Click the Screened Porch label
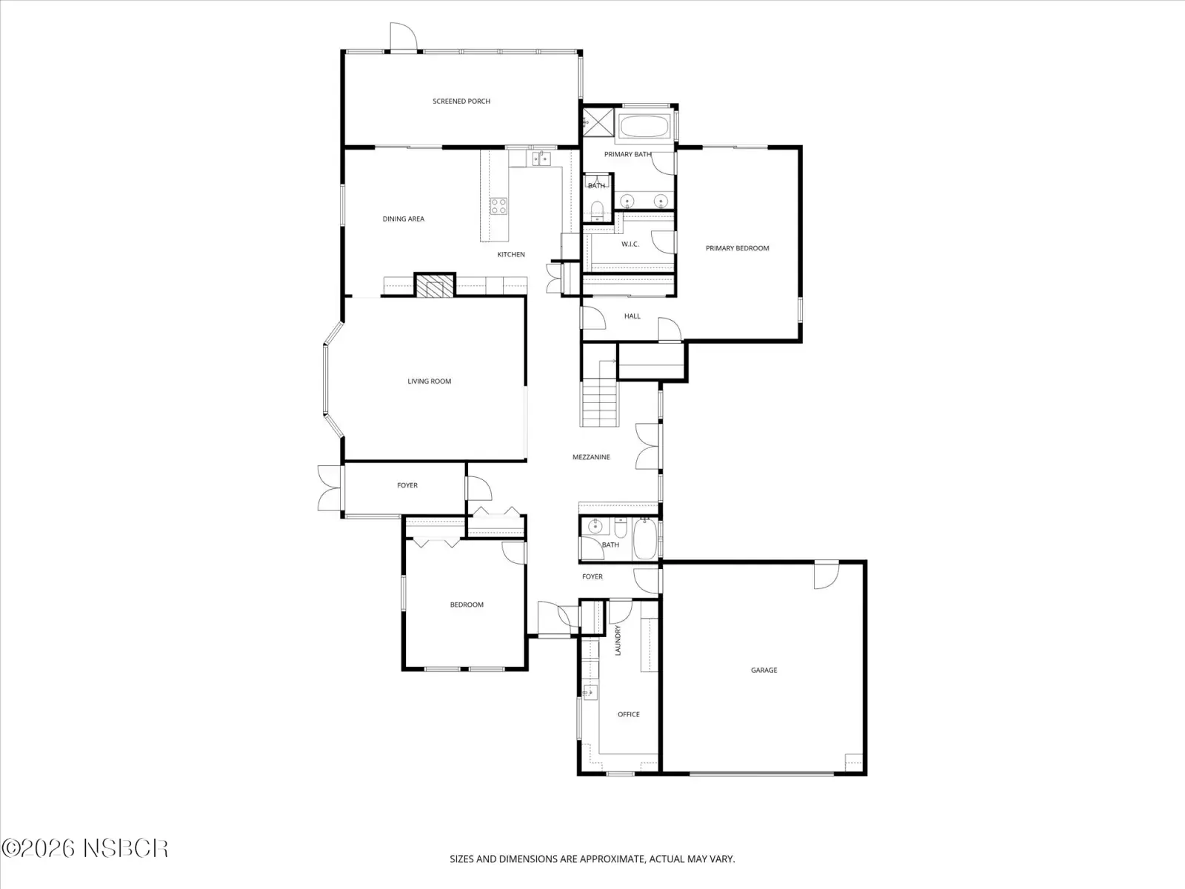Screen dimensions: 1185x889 click(461, 101)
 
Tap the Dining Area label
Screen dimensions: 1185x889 click(404, 219)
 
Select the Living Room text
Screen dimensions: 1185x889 click(429, 381)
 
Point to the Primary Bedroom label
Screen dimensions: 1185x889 click(737, 248)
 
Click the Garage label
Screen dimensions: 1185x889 click(764, 670)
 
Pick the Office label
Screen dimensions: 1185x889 click(628, 714)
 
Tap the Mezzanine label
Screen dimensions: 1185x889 click(591, 456)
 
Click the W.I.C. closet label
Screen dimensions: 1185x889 click(630, 244)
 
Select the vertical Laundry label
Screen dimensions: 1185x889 click(618, 640)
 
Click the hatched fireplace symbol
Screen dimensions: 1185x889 click(435, 286)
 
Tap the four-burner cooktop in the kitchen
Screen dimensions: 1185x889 click(498, 206)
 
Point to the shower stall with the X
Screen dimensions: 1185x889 click(598, 122)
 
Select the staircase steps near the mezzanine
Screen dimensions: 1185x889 click(599, 403)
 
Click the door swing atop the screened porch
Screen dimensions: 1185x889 click(404, 36)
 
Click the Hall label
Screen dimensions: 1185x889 click(632, 316)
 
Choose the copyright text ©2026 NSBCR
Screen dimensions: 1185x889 click(84, 848)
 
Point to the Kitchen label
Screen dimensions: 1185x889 click(511, 254)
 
